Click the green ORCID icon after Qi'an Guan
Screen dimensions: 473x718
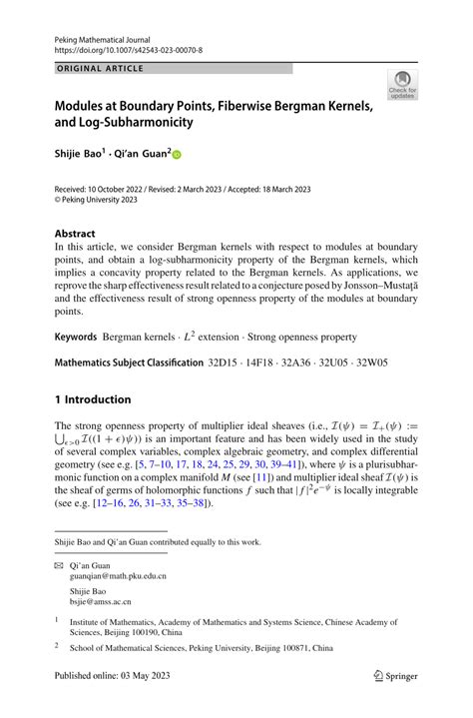click(x=178, y=155)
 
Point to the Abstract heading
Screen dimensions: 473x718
click(x=76, y=233)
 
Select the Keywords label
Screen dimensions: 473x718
click(x=81, y=339)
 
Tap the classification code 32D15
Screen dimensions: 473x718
click(x=250, y=363)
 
